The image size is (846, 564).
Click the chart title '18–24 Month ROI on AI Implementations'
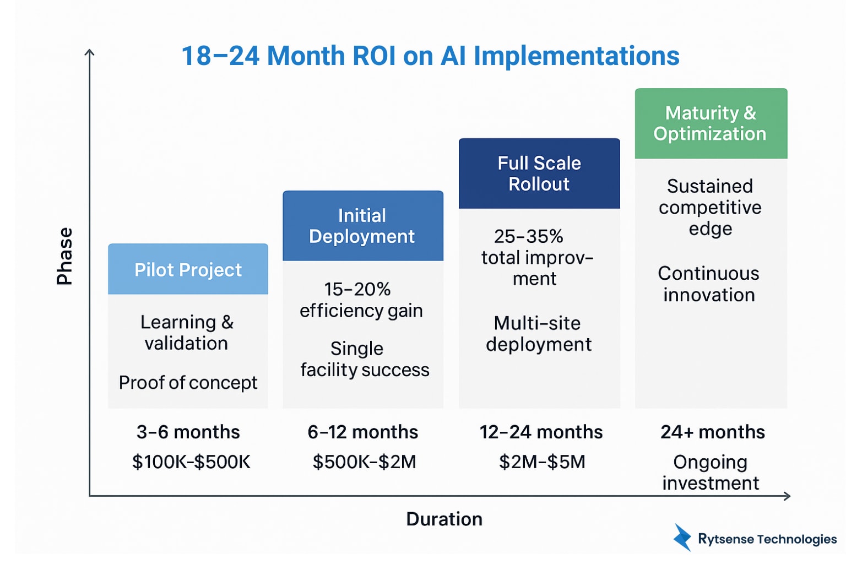point(430,56)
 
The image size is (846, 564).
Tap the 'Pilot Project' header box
point(188,269)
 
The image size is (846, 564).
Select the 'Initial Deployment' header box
point(362,226)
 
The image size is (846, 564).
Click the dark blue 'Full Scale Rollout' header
point(539,173)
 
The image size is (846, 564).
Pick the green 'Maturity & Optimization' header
point(711,123)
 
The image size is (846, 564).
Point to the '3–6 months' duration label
point(188,432)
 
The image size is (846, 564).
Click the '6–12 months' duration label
point(362,432)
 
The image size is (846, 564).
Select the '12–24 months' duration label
point(541,432)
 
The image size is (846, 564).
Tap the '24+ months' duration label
point(712,432)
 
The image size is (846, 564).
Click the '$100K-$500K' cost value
point(191,462)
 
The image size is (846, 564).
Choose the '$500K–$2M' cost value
point(364,462)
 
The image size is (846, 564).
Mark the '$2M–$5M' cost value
point(542,462)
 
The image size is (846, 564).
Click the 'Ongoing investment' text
point(711,472)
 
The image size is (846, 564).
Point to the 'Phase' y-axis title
point(64,256)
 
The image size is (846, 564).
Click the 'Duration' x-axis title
point(444,519)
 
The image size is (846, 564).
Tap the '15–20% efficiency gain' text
point(361,300)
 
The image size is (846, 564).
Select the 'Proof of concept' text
point(188,382)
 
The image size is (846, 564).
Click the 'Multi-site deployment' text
point(538,333)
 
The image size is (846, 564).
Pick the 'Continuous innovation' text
point(709,284)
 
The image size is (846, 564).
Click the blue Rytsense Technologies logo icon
point(682,538)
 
